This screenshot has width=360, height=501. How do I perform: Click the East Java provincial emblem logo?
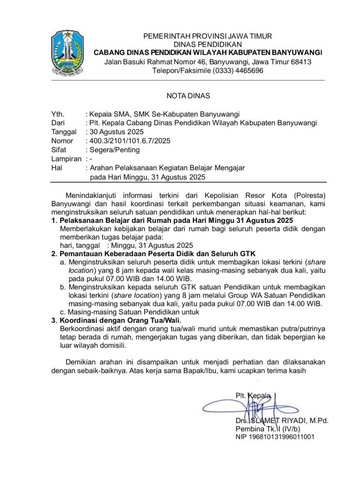68,52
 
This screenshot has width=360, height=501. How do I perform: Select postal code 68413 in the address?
301,62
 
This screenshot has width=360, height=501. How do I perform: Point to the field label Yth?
58,115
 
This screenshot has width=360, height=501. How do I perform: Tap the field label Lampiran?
66,159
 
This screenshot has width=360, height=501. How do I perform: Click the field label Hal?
57,168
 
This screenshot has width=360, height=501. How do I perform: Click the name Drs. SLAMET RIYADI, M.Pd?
281,421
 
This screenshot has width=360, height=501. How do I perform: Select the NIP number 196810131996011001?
275,437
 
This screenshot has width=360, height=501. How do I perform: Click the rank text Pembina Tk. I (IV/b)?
269,429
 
